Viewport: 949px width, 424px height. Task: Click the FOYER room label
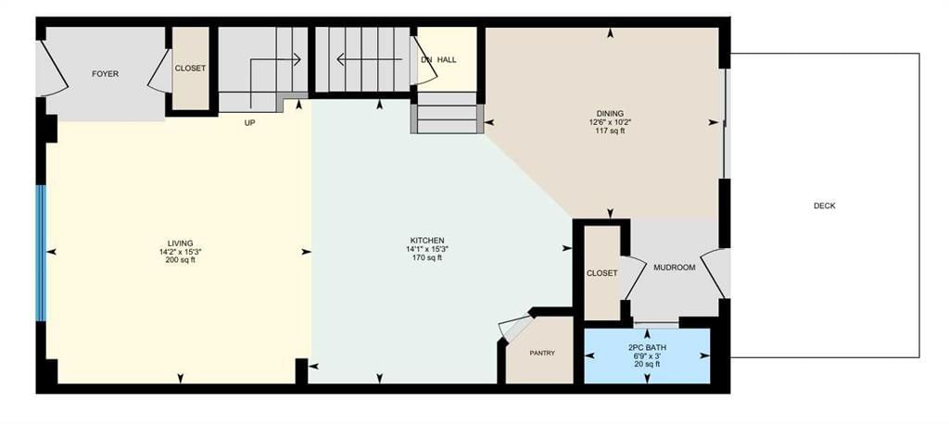coord(105,74)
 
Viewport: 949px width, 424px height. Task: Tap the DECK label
coord(824,206)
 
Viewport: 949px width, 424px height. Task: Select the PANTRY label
coord(541,354)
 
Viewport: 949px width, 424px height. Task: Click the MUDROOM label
coord(675,268)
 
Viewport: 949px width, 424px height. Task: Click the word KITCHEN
coord(426,240)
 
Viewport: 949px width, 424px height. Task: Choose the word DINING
coord(610,113)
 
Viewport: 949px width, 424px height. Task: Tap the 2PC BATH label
coord(646,348)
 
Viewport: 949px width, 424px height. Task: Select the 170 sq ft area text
coord(426,257)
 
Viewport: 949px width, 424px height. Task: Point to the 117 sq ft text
coord(610,130)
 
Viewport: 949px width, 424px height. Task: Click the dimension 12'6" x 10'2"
coord(610,121)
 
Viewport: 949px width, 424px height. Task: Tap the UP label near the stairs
coord(249,123)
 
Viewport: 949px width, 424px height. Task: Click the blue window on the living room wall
coord(41,253)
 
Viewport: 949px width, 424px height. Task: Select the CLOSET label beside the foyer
coord(190,69)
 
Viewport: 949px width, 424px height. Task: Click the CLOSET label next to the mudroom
coord(601,273)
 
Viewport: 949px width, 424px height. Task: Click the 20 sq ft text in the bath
coord(646,364)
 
